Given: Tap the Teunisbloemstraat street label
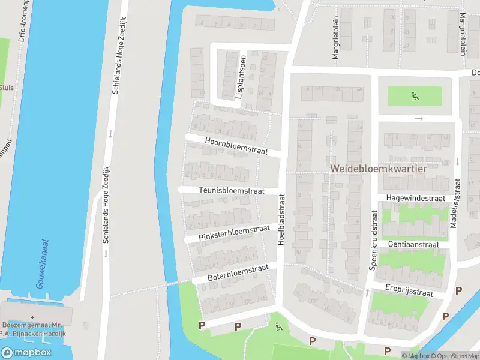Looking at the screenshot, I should pos(230,190).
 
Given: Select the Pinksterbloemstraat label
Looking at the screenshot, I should pos(235,232).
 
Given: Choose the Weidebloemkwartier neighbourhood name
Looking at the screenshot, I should pos(378,169).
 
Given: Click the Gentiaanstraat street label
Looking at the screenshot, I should pos(413,245).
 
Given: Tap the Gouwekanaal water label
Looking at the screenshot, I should pos(43,264).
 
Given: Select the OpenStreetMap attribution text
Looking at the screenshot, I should pos(455,356).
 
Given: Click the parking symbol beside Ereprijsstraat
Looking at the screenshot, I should pos(459,290).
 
